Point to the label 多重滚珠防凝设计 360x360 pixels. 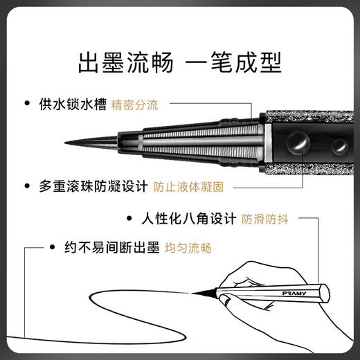tap(96, 186)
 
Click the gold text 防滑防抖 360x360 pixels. tap(264, 219)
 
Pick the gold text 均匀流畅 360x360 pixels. tap(188, 248)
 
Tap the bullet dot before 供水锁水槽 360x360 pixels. tap(27, 105)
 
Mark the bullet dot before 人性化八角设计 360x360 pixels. tap(129, 219)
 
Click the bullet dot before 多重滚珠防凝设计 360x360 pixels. tap(27, 186)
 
